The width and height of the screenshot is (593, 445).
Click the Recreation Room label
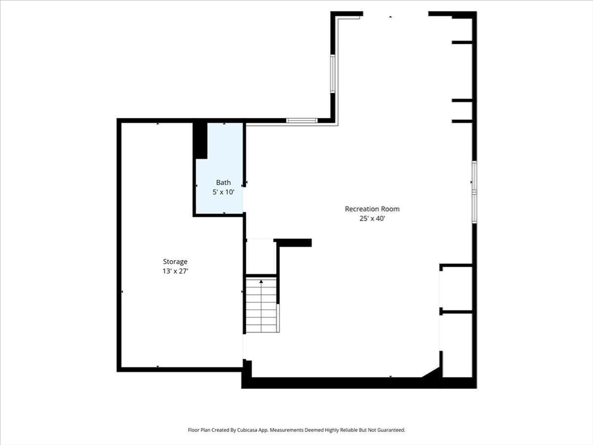point(372,209)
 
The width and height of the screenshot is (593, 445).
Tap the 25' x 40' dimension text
point(372,218)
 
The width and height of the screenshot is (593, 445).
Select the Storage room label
point(175,261)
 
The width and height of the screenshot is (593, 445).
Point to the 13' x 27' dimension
point(175,271)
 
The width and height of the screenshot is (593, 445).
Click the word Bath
point(223,183)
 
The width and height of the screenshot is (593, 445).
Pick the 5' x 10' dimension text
point(223,192)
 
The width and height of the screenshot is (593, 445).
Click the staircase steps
point(261,305)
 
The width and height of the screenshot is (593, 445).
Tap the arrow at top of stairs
point(261,282)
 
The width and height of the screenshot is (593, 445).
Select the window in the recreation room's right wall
point(474,192)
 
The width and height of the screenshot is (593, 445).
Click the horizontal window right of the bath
point(301,121)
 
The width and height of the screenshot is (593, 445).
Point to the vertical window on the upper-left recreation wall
point(333,74)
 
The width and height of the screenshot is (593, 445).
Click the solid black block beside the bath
point(200,140)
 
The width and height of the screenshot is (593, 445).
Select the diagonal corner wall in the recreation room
point(431,372)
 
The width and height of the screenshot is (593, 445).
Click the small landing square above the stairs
point(260,257)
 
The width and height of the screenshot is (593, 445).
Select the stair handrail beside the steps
point(279,318)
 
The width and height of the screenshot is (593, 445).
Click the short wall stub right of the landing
point(292,243)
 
